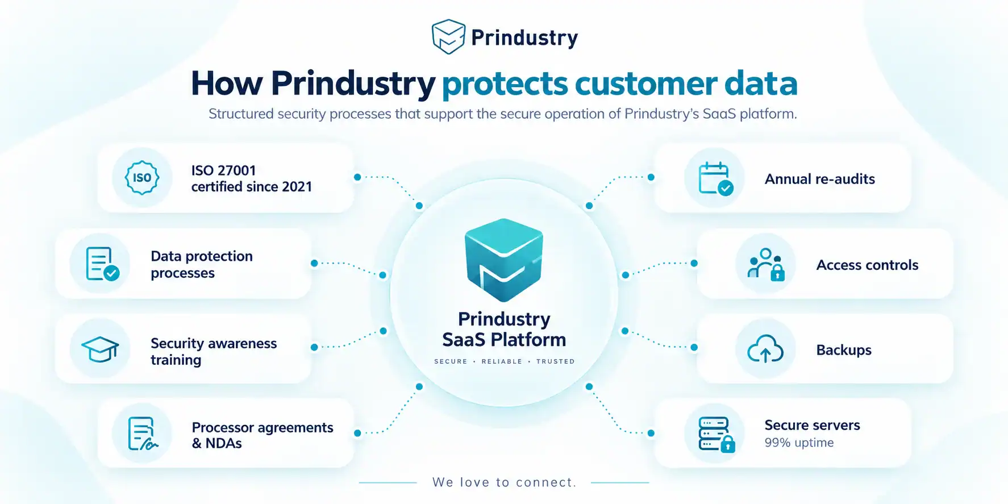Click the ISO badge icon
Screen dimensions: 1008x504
click(x=142, y=178)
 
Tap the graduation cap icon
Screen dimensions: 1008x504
click(x=100, y=349)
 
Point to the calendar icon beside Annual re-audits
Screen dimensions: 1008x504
click(x=715, y=178)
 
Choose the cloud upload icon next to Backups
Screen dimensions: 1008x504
click(x=765, y=349)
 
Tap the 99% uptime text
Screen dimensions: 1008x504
click(x=799, y=443)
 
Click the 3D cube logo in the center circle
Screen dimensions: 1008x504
click(x=504, y=260)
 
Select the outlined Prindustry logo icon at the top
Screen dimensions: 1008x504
click(x=448, y=36)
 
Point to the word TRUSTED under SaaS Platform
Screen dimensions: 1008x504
click(x=556, y=361)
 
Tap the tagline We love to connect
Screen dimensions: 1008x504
click(x=505, y=482)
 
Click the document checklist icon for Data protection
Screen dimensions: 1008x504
click(x=102, y=264)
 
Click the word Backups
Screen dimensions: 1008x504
click(x=844, y=350)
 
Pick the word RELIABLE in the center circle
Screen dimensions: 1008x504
click(x=502, y=361)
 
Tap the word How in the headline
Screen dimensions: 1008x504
click(x=227, y=84)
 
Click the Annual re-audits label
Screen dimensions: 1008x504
click(x=820, y=179)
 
